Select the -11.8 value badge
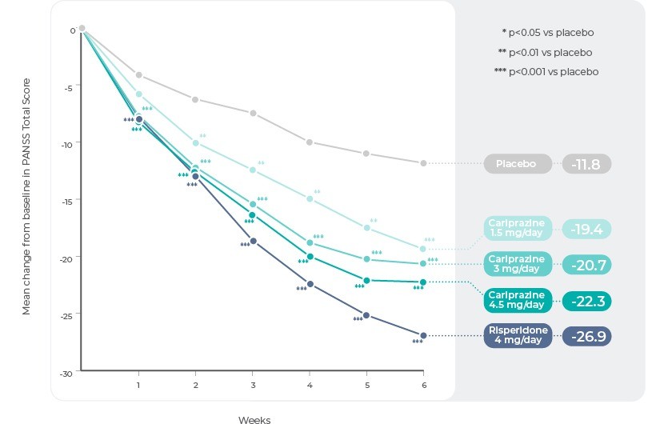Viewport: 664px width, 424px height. (586, 164)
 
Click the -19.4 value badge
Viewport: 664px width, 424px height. (586, 229)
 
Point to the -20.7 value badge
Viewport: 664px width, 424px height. (586, 264)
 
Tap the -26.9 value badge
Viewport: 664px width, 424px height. (586, 335)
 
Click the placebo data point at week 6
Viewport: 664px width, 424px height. (423, 163)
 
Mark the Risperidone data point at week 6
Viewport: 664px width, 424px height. (423, 335)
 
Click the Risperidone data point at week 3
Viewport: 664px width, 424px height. (253, 241)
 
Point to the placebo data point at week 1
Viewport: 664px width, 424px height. (138, 75)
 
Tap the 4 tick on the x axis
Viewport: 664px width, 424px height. (310, 386)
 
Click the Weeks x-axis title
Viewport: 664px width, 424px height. (254, 419)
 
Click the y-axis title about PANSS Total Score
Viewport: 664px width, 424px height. (26, 196)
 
